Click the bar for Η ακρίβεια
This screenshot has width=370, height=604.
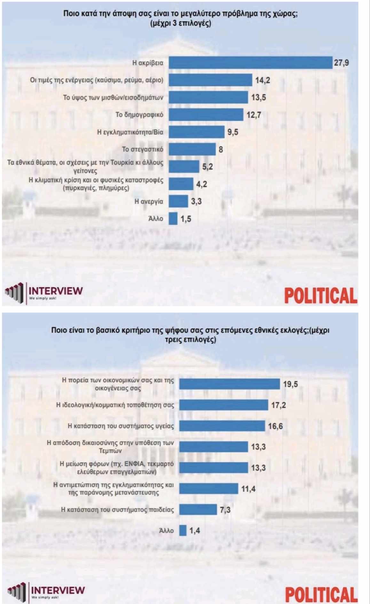pyautogui.click(x=250, y=62)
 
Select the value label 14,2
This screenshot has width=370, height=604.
pyautogui.click(x=262, y=80)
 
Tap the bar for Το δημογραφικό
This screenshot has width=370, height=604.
pyautogui.click(x=206, y=115)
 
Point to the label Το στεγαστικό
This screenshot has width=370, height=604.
pyautogui.click(x=142, y=149)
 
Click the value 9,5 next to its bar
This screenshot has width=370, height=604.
pyautogui.click(x=232, y=132)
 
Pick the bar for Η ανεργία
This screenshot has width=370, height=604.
pyautogui.click(x=178, y=201)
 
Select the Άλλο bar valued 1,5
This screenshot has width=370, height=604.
pyautogui.click(x=173, y=219)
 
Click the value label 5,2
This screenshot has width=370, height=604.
pyautogui.click(x=207, y=167)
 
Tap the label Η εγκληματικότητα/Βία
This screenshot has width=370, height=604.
pyautogui.click(x=130, y=132)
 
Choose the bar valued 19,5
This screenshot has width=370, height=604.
pyautogui.click(x=229, y=384)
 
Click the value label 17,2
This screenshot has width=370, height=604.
pyautogui.click(x=278, y=405)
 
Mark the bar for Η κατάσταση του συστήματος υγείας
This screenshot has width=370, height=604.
pyautogui.click(x=222, y=426)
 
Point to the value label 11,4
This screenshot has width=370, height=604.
pyautogui.click(x=248, y=489)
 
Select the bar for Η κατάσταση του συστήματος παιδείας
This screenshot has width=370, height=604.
pyautogui.click(x=198, y=510)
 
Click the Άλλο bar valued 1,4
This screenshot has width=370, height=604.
pyautogui.click(x=183, y=530)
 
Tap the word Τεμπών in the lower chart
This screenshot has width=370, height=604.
pyautogui.click(x=110, y=451)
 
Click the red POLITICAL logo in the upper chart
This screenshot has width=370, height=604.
pyautogui.click(x=320, y=295)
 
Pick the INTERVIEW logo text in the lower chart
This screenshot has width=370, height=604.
pyautogui.click(x=58, y=590)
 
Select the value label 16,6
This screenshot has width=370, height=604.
pyautogui.click(x=275, y=426)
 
